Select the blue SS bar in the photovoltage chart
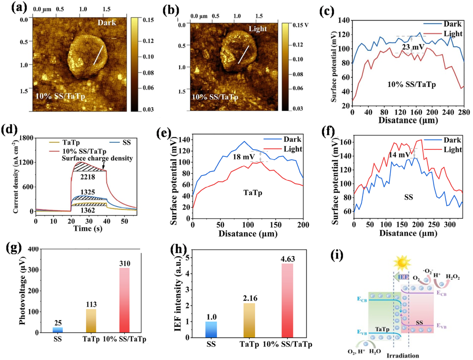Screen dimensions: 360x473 tap(58, 330)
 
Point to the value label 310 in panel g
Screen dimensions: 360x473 tap(124, 264)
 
